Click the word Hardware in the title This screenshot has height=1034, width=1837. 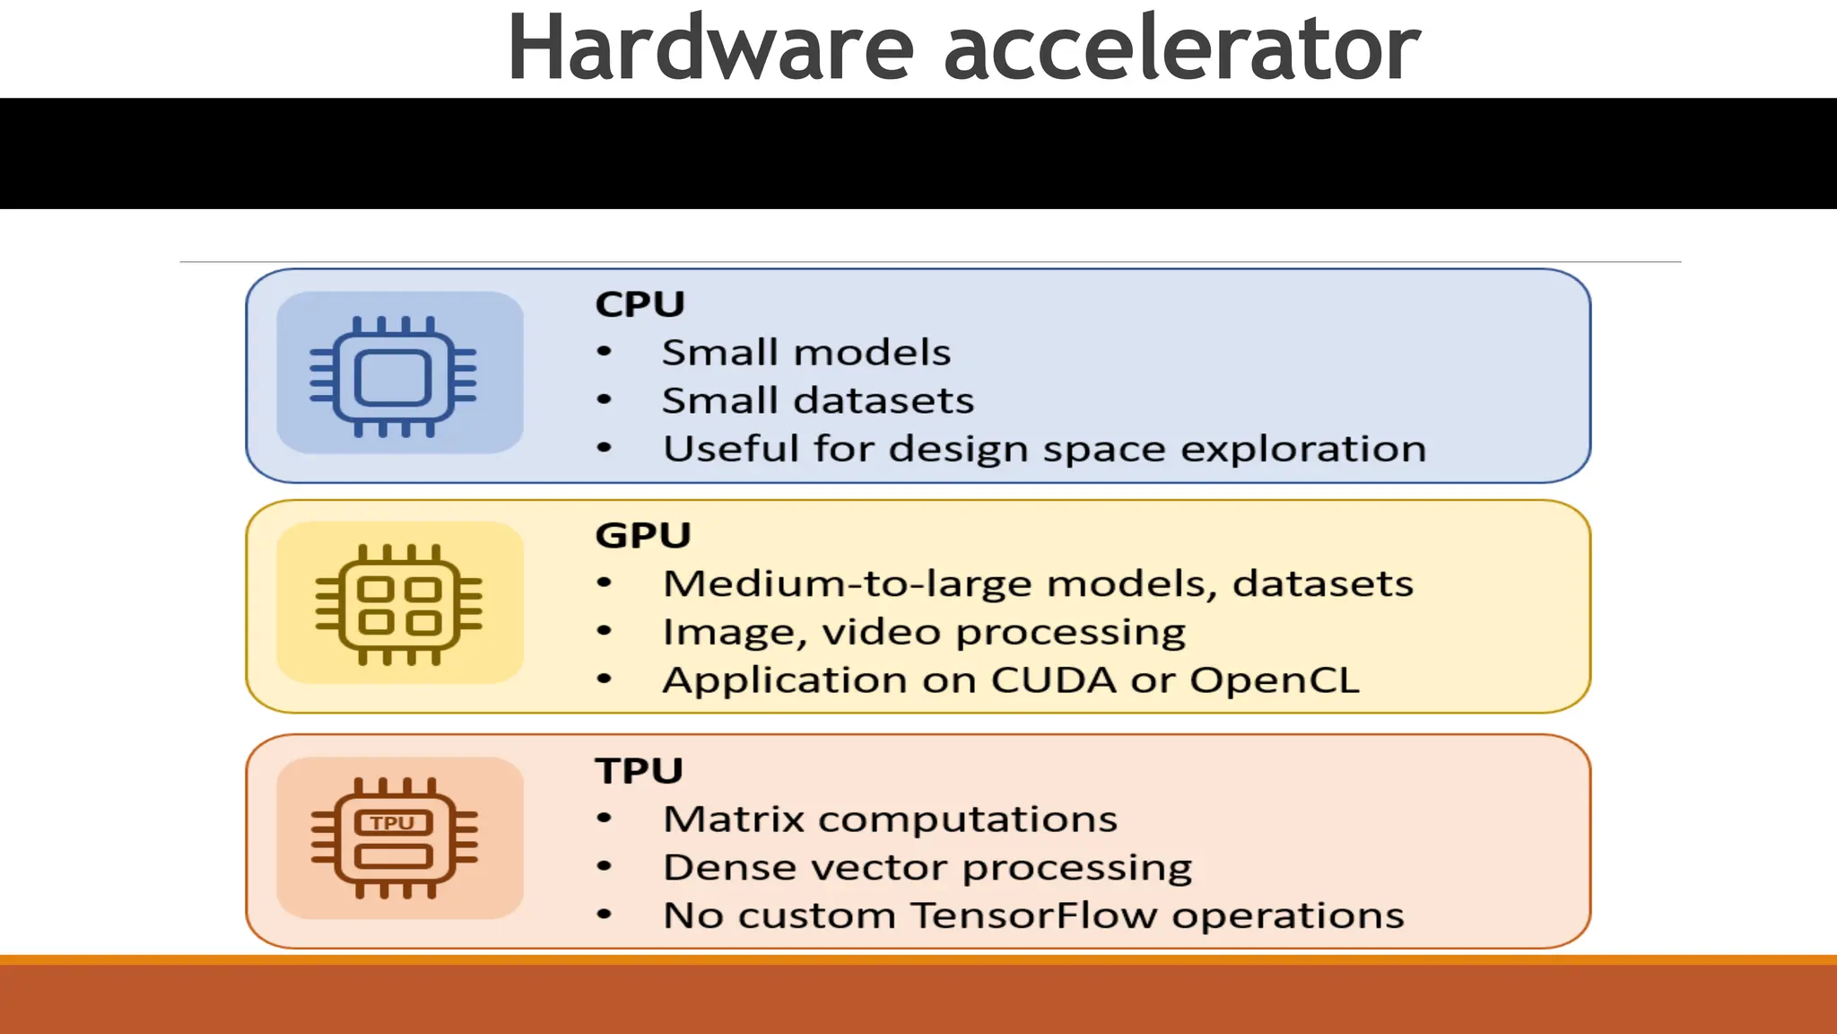click(x=710, y=48)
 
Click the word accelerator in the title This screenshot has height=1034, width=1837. click(x=1181, y=48)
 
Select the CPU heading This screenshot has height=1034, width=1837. click(x=640, y=304)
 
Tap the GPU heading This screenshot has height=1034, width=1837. click(x=643, y=536)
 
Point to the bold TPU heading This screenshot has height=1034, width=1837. click(x=639, y=771)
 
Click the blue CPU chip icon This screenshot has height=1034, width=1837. click(x=393, y=376)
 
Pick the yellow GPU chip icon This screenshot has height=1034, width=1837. click(x=399, y=604)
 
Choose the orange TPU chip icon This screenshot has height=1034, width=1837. click(x=394, y=837)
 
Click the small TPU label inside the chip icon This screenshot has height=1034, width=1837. click(x=393, y=823)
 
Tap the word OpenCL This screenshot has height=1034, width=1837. click(x=1274, y=680)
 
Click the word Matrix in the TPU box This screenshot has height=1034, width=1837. click(x=733, y=819)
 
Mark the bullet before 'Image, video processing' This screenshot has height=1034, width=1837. click(x=605, y=632)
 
